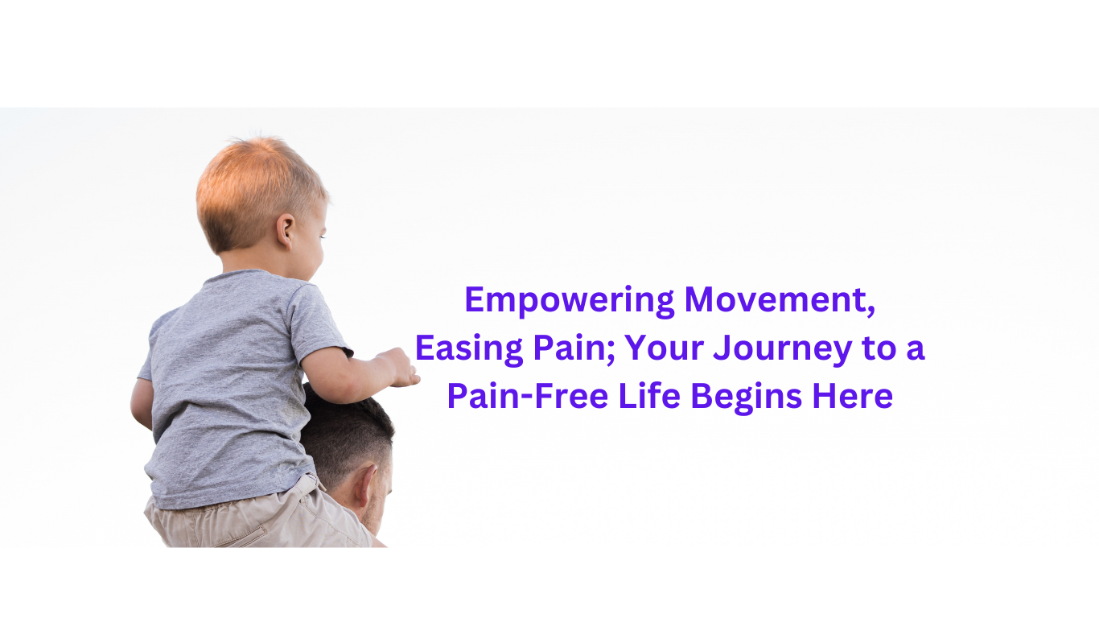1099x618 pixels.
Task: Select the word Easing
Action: click(x=469, y=349)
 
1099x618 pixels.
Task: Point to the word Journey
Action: click(x=783, y=349)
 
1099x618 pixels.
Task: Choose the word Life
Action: click(x=649, y=396)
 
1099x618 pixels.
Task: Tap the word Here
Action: click(x=853, y=396)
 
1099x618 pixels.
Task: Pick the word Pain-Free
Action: click(x=528, y=396)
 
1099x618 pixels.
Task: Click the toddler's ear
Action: click(x=285, y=231)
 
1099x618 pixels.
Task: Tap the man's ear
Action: click(x=365, y=485)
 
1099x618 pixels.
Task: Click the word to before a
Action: click(x=879, y=349)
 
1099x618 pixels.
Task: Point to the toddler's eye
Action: click(x=323, y=237)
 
